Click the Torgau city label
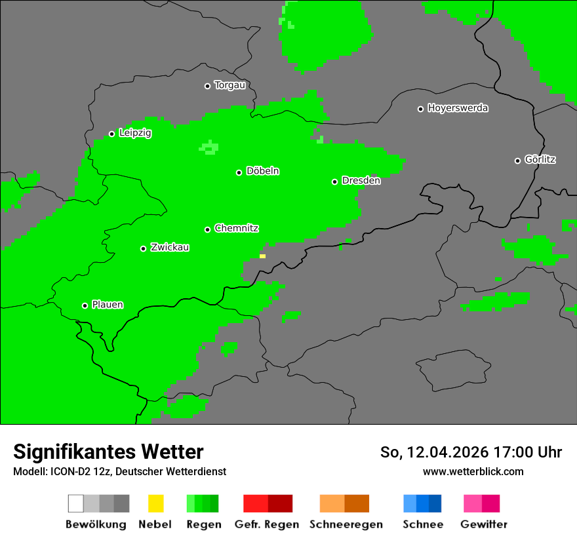click(229, 85)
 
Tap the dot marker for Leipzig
click(111, 134)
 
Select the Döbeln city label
click(262, 171)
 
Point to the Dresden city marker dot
click(334, 182)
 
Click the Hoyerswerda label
click(458, 108)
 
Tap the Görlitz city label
click(540, 159)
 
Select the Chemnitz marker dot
click(207, 229)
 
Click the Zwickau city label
click(170, 247)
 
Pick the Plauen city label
click(108, 305)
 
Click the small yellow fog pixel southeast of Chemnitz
click(262, 256)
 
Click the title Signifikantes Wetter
click(108, 452)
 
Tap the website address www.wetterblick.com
click(473, 471)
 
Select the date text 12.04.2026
click(447, 452)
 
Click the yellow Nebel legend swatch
click(155, 503)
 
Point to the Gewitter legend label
click(484, 524)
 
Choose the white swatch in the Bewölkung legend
click(76, 503)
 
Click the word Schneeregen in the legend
click(346, 524)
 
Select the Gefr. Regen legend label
click(267, 524)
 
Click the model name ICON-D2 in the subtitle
click(68, 472)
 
